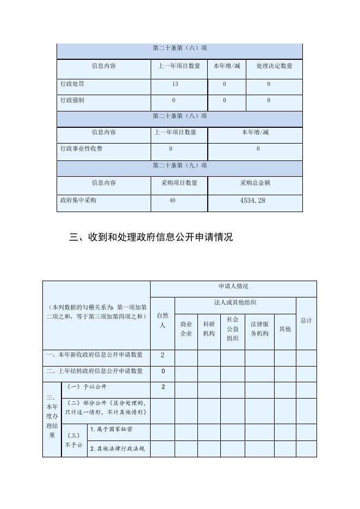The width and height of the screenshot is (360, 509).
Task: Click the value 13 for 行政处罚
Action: [175, 84]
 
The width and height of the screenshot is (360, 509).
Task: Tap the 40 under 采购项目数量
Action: [172, 201]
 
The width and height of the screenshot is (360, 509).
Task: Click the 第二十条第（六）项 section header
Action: [179, 48]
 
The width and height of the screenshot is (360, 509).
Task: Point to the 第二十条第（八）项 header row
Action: [179, 116]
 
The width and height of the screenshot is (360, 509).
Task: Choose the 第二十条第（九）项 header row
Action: [179, 166]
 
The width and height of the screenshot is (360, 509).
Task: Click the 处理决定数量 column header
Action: [274, 66]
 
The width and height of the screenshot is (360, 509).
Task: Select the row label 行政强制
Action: [72, 101]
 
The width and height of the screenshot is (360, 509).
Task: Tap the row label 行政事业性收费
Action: [81, 149]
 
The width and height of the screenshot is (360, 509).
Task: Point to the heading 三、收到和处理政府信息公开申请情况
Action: [151, 237]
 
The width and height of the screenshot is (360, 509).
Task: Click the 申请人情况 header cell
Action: [233, 287]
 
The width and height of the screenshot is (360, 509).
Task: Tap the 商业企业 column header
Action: [186, 328]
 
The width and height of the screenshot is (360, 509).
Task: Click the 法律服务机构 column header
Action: [259, 328]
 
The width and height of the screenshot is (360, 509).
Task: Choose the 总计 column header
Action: [306, 320]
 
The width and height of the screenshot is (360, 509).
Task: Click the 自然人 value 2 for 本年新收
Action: [162, 355]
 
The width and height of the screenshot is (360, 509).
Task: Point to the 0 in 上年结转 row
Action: [162, 371]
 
